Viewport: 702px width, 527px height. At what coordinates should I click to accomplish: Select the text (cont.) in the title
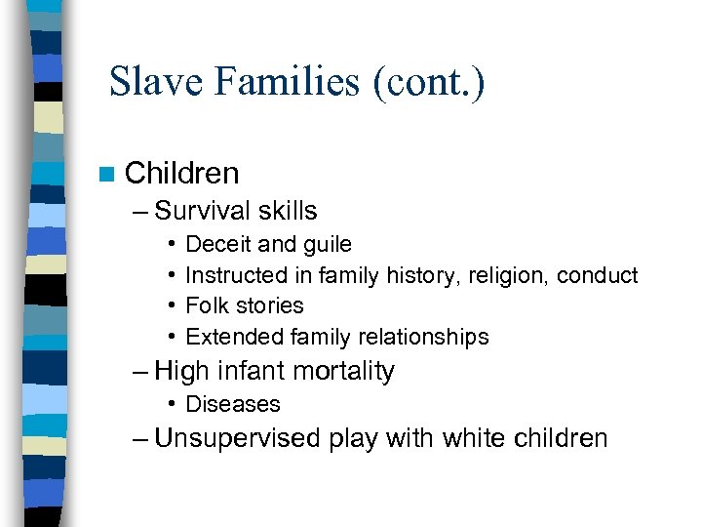click(427, 82)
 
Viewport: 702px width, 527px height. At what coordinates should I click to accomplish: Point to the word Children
click(182, 174)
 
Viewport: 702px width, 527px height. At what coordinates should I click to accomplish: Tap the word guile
click(325, 244)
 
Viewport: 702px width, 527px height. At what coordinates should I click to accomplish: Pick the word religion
click(512, 275)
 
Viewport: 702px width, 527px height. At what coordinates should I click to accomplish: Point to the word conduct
click(597, 275)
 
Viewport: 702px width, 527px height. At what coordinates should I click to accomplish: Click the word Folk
click(205, 305)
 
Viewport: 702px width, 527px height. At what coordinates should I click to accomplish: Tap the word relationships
click(425, 337)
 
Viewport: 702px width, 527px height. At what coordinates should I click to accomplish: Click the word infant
click(245, 371)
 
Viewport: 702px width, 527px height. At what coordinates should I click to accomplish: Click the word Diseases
click(232, 404)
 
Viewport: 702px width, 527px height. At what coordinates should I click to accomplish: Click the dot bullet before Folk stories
click(171, 306)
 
